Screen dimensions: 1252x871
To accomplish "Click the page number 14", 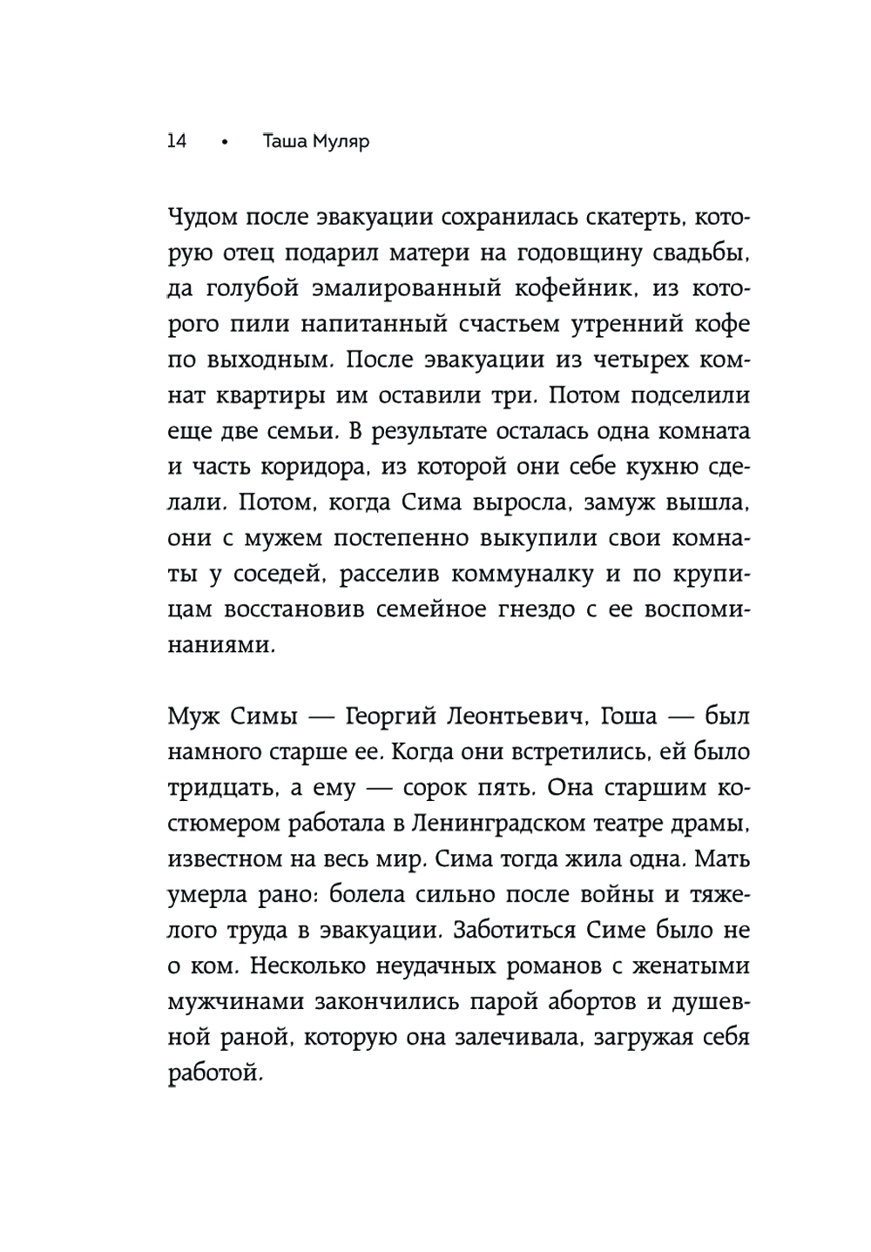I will [176, 140].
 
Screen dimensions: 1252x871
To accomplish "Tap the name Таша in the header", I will [286, 140].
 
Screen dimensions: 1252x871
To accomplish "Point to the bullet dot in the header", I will [225, 142].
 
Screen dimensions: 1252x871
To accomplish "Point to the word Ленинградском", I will [524, 825].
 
